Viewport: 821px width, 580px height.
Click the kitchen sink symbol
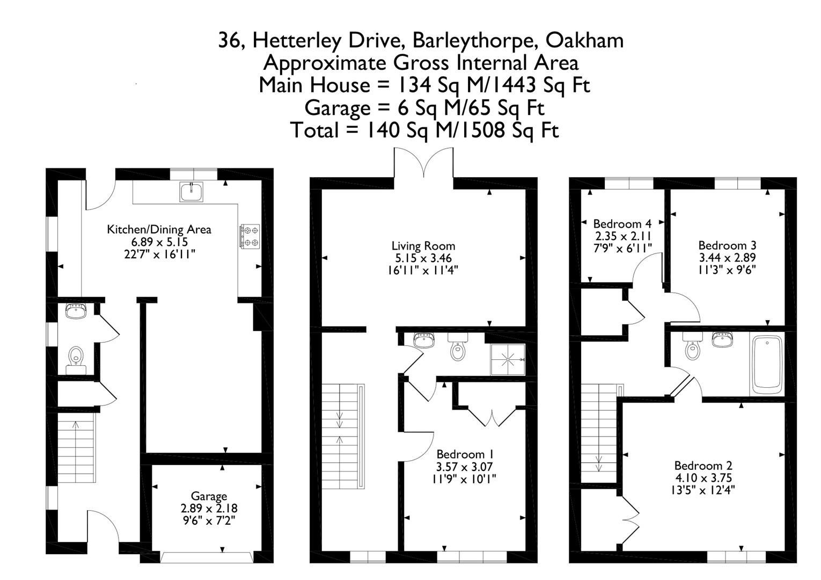point(192,192)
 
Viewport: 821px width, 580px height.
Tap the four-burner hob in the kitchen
point(250,236)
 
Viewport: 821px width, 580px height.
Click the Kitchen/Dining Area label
point(159,230)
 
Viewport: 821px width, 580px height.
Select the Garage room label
point(209,496)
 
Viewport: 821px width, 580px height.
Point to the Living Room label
point(423,246)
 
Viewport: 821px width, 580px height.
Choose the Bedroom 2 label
point(703,466)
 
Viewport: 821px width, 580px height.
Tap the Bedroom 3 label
point(727,245)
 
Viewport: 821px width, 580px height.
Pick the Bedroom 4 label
point(622,224)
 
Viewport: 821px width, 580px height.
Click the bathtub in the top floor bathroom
point(767,365)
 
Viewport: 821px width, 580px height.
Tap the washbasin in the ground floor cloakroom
point(76,311)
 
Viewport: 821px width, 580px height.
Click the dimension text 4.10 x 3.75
point(703,478)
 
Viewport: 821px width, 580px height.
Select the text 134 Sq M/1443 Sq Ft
point(493,85)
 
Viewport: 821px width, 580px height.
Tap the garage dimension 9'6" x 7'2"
point(209,520)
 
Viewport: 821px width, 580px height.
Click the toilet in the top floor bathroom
point(693,350)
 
